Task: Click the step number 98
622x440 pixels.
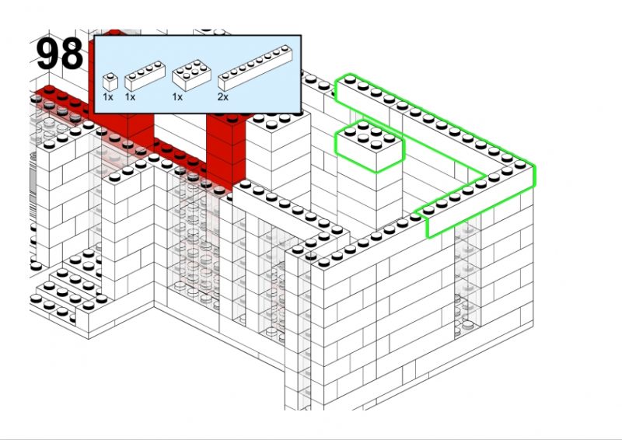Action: tap(60, 54)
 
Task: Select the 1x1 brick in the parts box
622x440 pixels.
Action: tap(110, 82)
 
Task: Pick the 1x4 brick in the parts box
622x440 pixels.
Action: tap(145, 75)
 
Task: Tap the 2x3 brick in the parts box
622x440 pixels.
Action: tap(191, 75)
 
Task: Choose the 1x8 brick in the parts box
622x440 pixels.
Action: tap(255, 68)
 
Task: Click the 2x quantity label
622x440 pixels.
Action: tap(223, 97)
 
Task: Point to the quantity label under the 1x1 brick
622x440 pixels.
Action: tap(108, 97)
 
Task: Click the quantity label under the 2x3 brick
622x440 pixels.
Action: tap(177, 97)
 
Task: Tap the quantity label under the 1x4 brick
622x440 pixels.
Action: tap(130, 97)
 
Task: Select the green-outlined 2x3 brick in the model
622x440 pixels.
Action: tap(370, 146)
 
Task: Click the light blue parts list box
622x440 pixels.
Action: tap(197, 74)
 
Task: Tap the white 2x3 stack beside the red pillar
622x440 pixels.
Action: tap(278, 151)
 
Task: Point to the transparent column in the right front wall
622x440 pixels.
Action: tap(467, 278)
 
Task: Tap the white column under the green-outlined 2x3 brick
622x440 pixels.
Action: tap(370, 194)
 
